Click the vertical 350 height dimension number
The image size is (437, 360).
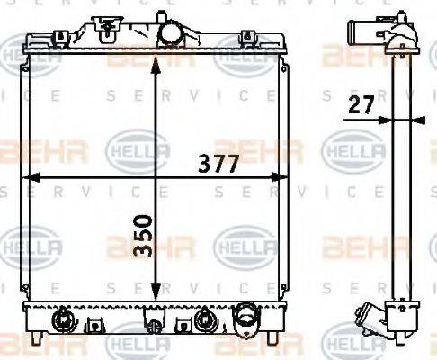pyautogui.click(x=140, y=237)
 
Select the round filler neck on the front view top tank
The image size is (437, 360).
pyautogui.click(x=169, y=32)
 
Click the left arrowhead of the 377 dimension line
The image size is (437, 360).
pyautogui.click(x=25, y=177)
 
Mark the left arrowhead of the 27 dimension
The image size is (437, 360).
pyautogui.click(x=385, y=119)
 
